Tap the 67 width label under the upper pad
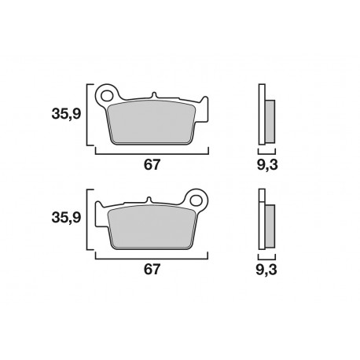point(152,164)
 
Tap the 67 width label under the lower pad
point(152,270)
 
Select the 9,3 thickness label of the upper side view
point(268,164)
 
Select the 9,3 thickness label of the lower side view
point(268,270)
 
